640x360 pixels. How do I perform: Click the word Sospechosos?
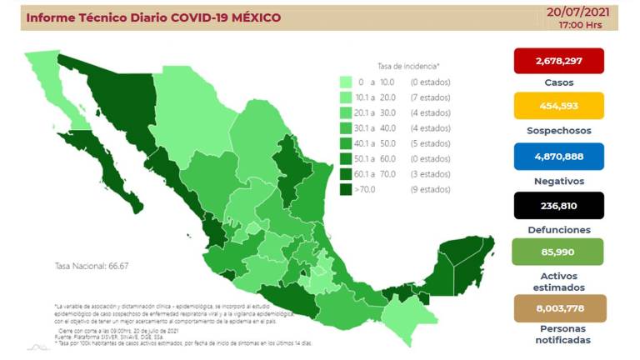559,131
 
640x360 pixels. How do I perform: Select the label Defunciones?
559,229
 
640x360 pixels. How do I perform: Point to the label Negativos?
559,181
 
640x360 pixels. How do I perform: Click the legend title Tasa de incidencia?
407,65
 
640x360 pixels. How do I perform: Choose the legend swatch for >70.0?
345,189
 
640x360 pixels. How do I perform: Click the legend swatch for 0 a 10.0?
345,82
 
